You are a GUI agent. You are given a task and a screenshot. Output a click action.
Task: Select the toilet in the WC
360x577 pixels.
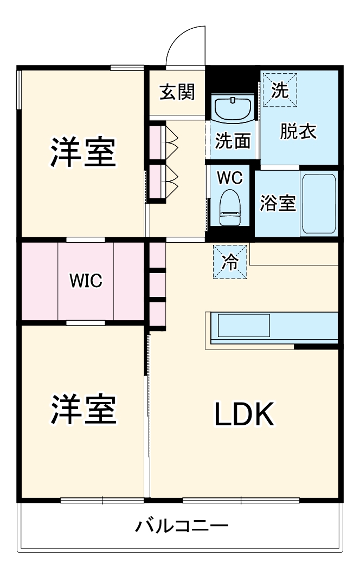[x=230, y=205]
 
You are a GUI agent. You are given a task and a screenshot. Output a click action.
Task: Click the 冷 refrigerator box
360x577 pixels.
[x=230, y=262]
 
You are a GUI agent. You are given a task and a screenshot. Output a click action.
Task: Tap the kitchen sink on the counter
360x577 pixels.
[x=243, y=326]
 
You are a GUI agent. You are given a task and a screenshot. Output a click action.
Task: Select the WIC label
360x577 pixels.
[x=85, y=281]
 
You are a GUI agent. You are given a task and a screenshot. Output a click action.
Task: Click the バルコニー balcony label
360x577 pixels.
[x=182, y=526]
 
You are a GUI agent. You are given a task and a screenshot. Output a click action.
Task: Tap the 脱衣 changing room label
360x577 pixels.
[x=298, y=132]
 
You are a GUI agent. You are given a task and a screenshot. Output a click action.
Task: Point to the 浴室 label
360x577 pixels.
[x=278, y=203]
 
